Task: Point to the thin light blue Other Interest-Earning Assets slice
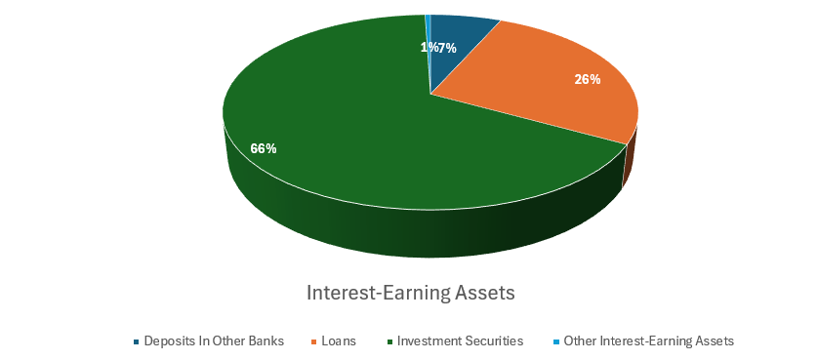coord(428,39)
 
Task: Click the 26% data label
coord(587,79)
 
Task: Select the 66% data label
coord(264,148)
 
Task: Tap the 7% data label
coord(447,48)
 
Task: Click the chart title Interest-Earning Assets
coord(410,292)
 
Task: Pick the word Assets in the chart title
coord(483,292)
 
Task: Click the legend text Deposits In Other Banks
coord(214,341)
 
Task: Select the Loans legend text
coord(337,341)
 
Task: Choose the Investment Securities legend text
coord(461,341)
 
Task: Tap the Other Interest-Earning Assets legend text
coord(648,341)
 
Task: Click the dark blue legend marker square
coord(136,341)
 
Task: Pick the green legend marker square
coord(389,341)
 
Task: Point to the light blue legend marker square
coord(556,341)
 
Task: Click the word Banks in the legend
coord(266,341)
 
